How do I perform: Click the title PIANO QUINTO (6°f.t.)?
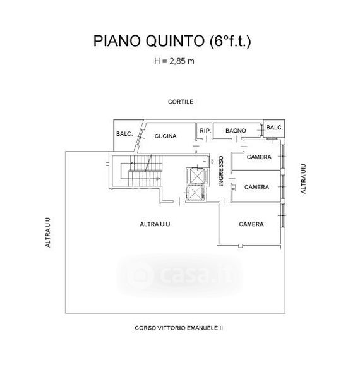pyautogui.click(x=172, y=41)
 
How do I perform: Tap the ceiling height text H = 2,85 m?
pyautogui.click(x=174, y=61)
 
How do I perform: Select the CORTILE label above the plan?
pyautogui.click(x=181, y=102)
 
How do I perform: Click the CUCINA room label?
pyautogui.click(x=165, y=136)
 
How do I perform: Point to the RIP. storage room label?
pyautogui.click(x=205, y=131)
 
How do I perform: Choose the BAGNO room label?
pyautogui.click(x=236, y=131)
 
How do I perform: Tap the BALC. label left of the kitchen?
pyautogui.click(x=124, y=134)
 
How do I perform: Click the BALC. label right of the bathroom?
pyautogui.click(x=275, y=128)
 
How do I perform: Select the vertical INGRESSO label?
pyautogui.click(x=221, y=171)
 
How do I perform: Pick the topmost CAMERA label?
pyautogui.click(x=259, y=157)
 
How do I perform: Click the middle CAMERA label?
pyautogui.click(x=256, y=187)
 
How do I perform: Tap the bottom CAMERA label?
pyautogui.click(x=251, y=224)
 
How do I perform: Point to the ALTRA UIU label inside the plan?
pyautogui.click(x=155, y=224)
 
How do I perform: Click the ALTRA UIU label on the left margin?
pyautogui.click(x=48, y=232)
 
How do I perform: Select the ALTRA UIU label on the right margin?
pyautogui.click(x=303, y=179)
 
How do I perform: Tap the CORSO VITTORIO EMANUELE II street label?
pyautogui.click(x=179, y=328)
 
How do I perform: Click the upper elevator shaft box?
pyautogui.click(x=197, y=176)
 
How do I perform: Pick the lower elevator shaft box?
pyautogui.click(x=195, y=193)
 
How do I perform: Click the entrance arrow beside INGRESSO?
pyautogui.click(x=208, y=161)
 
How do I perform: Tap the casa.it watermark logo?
pyautogui.click(x=179, y=275)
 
